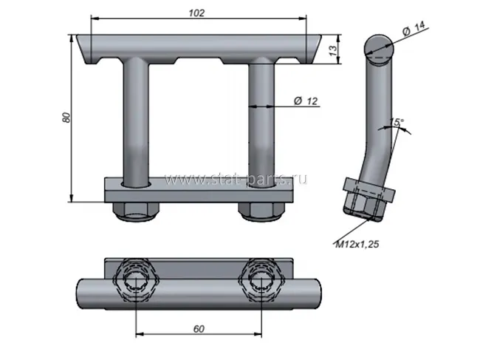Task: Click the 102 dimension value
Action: click(196, 13)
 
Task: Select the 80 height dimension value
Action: click(66, 118)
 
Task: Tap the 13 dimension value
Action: click(333, 50)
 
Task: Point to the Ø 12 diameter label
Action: click(306, 101)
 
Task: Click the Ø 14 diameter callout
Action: click(414, 28)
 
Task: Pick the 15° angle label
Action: click(397, 122)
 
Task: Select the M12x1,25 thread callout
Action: click(357, 244)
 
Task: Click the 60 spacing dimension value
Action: click(199, 329)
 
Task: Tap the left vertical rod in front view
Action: click(136, 122)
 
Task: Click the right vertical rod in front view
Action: click(261, 122)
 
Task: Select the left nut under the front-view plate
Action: click(136, 211)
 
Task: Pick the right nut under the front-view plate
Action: click(261, 211)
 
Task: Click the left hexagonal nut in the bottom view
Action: click(136, 280)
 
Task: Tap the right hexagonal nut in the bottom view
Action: click(261, 280)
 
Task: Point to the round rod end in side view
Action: click(379, 50)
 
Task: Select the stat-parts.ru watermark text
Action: click(236, 179)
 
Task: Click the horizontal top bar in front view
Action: click(199, 49)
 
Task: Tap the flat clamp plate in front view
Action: click(199, 190)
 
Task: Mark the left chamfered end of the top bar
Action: click(84, 49)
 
